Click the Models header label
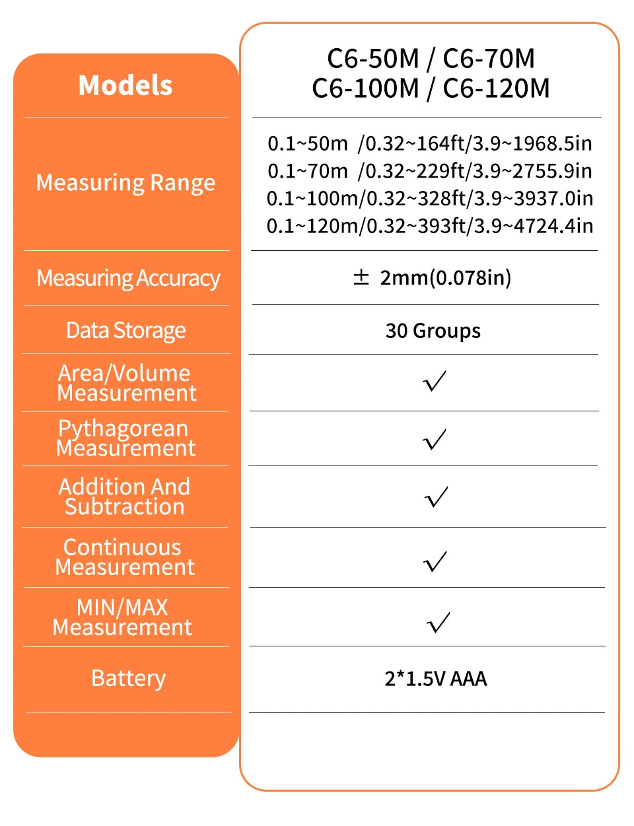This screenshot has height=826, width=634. coord(125,85)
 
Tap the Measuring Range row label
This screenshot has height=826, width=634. coord(125,182)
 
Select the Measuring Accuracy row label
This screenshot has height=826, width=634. coord(128,278)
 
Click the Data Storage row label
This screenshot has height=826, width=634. coord(125,330)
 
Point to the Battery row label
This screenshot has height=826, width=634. coord(128,678)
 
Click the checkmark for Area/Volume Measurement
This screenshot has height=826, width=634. coord(435,381)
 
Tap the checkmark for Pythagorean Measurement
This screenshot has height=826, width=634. coord(435,439)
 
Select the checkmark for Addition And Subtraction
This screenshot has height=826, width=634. coord(436,497)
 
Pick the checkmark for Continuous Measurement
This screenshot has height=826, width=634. coord(435,561)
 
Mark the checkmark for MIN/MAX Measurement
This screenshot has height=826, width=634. coord(439,622)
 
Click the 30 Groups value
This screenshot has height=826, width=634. coord(433,330)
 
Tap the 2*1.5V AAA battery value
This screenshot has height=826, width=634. coord(435,679)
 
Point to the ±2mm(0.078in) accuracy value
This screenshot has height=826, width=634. coord(433,277)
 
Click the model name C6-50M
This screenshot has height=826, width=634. coord(373,59)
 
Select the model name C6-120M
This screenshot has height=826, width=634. coord(496,88)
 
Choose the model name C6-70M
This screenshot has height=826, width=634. coord(489,59)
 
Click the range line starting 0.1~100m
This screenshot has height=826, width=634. coord(429,198)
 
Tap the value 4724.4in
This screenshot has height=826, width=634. coord(553,226)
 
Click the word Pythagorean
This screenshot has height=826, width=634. coord(123,429)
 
